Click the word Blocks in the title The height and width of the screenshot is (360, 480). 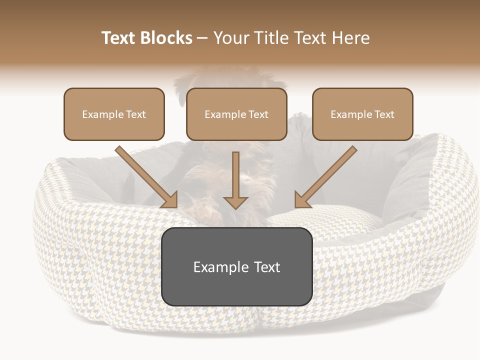[x=166, y=38]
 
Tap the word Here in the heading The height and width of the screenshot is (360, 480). [x=351, y=38]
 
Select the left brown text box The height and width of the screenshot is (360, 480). [x=114, y=114]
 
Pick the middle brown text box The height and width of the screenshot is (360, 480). [x=236, y=114]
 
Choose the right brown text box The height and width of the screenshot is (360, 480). [x=362, y=114]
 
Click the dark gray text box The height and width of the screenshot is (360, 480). [x=236, y=266]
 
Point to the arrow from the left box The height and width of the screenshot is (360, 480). [x=145, y=176]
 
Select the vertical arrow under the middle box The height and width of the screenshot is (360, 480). [x=235, y=177]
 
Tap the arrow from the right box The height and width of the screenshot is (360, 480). [x=326, y=176]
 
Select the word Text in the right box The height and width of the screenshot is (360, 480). [x=384, y=114]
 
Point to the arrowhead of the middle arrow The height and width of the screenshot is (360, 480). [x=235, y=202]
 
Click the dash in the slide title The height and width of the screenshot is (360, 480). [x=202, y=38]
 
